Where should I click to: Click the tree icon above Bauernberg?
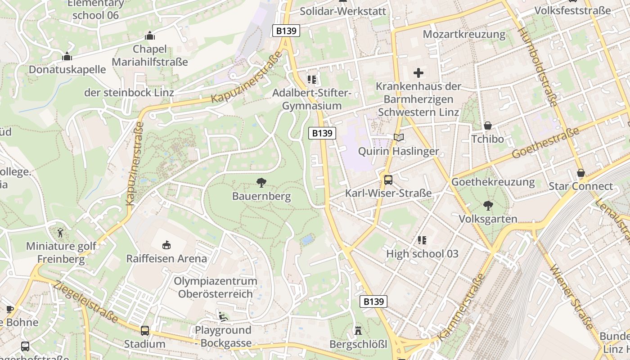click(x=261, y=182)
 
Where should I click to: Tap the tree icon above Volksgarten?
click(x=488, y=206)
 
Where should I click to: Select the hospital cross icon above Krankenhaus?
click(x=418, y=72)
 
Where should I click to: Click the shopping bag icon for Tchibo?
click(x=487, y=126)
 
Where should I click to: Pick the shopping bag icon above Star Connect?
click(x=581, y=173)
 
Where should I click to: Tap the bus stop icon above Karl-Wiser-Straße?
click(x=388, y=180)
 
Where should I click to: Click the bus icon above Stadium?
click(x=145, y=331)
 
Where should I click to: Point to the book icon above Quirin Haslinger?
click(x=398, y=137)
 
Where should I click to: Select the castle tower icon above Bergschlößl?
click(x=358, y=331)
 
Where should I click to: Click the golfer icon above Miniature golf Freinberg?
click(x=61, y=233)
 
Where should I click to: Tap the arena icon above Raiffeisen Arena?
click(x=166, y=245)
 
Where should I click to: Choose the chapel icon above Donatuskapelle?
click(x=67, y=56)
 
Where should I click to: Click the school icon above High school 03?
click(x=422, y=240)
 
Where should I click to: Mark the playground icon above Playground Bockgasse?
click(x=222, y=316)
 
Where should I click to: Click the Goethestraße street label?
click(x=545, y=144)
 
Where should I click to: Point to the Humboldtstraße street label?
click(x=538, y=67)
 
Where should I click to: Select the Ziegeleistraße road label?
click(x=85, y=302)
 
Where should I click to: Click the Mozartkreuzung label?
click(x=464, y=34)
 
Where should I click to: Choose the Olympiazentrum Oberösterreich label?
click(x=216, y=288)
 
